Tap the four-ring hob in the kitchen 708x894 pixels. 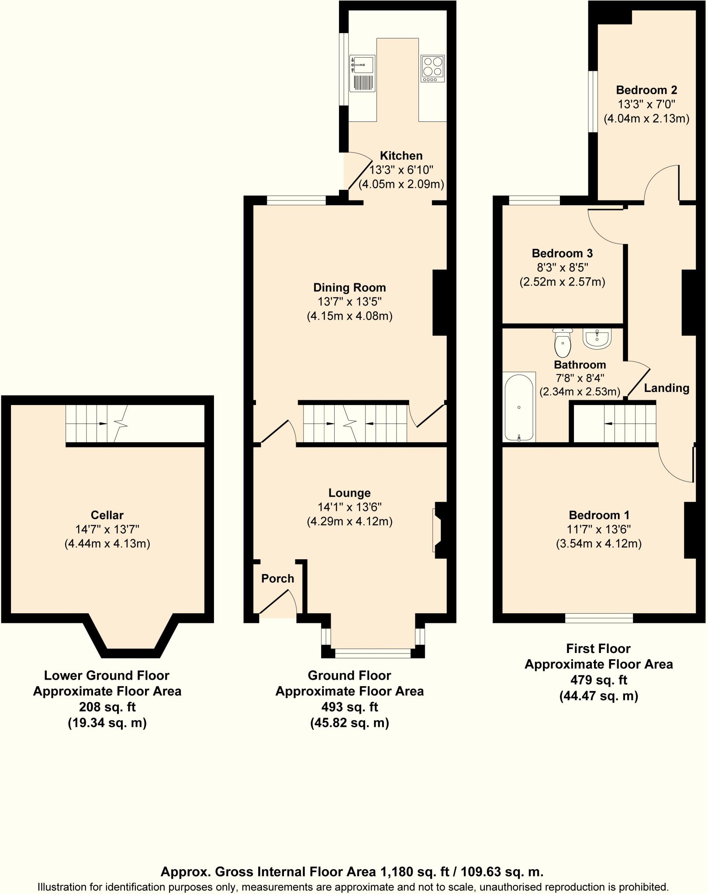pos(432,69)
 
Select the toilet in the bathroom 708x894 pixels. pos(563,343)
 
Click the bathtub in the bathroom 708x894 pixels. pos(519,406)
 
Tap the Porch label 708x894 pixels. pos(277,579)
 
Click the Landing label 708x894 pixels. pos(667,388)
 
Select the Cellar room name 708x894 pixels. pos(107,515)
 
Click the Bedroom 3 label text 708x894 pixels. pos(562,253)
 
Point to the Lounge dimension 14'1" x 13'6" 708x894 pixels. pos(349,507)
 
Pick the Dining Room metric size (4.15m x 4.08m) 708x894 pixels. pos(349,316)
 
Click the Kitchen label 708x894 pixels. pos(401,156)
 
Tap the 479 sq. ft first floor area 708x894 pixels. pos(598,680)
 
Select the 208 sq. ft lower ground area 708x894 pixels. pos(107,707)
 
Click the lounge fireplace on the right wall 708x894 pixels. pos(439,530)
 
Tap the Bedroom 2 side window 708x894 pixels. pos(593,101)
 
